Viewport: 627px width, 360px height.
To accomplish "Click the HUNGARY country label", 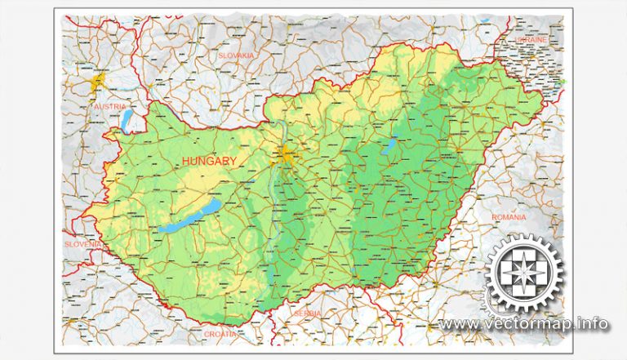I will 210,162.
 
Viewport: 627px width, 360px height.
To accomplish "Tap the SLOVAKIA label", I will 237,55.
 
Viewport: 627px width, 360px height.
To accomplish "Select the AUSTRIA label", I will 109,107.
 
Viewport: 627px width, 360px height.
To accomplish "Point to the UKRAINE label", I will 531,39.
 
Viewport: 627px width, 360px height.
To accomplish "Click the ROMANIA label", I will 510,217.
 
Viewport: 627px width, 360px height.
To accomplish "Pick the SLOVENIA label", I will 83,243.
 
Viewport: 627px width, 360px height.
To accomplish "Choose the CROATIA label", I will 220,334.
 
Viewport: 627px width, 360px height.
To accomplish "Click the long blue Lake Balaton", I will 189,216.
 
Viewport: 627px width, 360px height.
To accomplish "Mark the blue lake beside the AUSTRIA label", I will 127,120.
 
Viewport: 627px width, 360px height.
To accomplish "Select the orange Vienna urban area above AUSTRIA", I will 99,82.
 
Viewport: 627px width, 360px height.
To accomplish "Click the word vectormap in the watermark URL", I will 531,324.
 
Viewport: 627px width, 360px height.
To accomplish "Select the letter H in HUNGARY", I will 187,162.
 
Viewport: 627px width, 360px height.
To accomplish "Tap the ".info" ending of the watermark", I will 591,324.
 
